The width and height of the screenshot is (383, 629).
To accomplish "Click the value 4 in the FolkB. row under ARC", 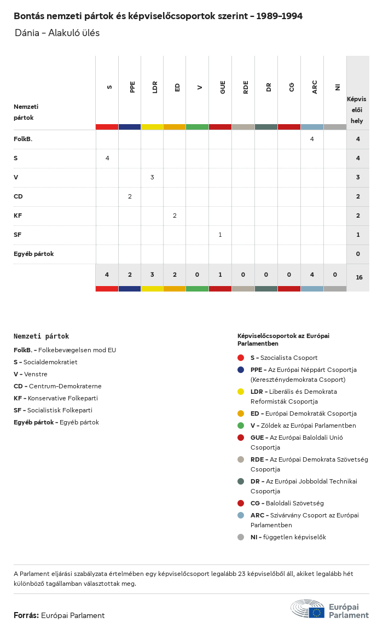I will coord(312,139).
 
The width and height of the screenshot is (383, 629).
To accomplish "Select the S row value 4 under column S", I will coord(107,158).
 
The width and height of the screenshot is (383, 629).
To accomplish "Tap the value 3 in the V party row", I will coord(152,177).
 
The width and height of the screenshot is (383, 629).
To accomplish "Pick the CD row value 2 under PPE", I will coord(130,196).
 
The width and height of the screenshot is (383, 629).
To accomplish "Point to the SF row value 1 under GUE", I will coord(220,235).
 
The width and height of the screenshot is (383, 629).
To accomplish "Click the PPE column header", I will coord(132,87).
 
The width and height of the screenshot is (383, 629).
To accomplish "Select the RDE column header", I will coord(246,87).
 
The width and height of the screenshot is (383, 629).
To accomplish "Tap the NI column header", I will coord(338,87).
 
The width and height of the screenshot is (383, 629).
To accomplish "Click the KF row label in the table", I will coord(18,216).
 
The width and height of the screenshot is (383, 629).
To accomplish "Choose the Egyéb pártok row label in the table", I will coord(33,254).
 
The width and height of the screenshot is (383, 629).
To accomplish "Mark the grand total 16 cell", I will coord(359,277).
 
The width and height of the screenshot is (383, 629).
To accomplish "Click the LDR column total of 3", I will coord(152,275).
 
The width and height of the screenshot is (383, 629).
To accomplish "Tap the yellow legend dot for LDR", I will coord(241,392).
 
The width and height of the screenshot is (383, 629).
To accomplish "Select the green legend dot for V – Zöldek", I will coord(241,426).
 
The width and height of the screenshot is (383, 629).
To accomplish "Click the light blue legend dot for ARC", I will coord(241,515).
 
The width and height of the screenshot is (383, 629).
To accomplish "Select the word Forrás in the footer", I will coord(26,615).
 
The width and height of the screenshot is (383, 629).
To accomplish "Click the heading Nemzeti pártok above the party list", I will coord(41,336).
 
